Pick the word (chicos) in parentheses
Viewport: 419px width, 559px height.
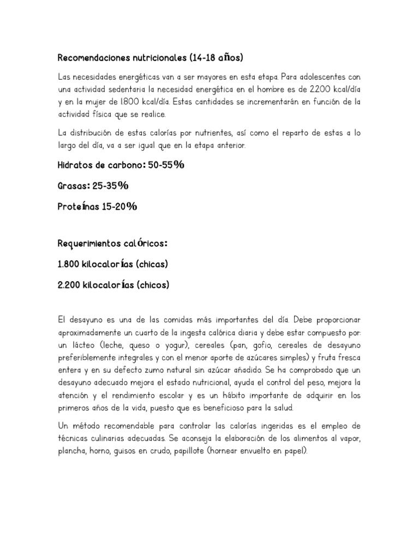click(x=153, y=284)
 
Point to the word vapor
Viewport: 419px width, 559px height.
click(x=349, y=438)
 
